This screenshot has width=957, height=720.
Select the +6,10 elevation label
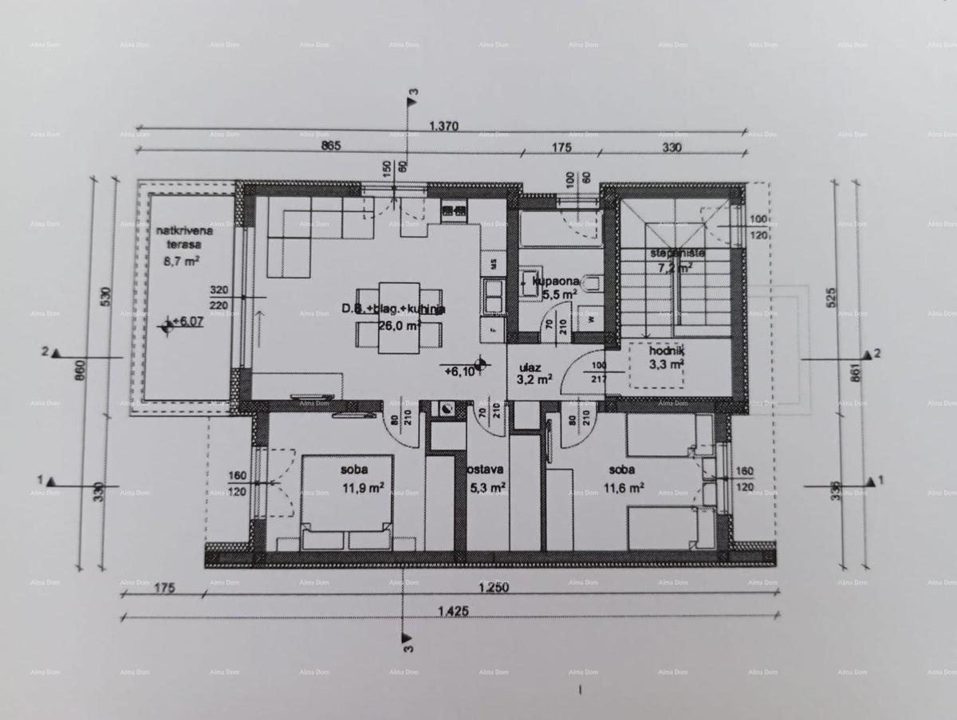pos(463,371)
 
